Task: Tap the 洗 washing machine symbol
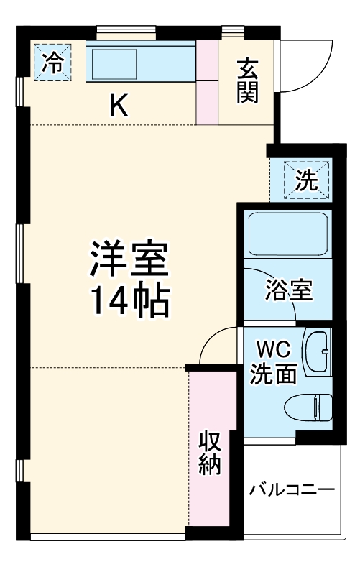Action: [x=307, y=180]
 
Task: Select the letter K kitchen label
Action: [x=119, y=106]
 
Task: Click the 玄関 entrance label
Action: [x=247, y=80]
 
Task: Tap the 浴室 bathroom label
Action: [x=288, y=291]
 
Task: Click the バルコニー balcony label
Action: [x=292, y=491]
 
